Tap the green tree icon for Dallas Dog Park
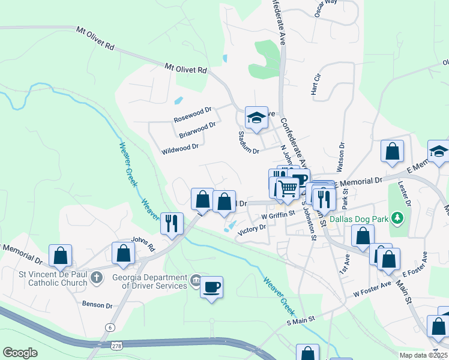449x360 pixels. point(396,216)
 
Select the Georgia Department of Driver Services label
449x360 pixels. point(149,281)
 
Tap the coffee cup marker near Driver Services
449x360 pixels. point(211,287)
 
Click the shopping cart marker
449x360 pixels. point(288,188)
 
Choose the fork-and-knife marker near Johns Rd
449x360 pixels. point(172,223)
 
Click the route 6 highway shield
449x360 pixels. point(110,327)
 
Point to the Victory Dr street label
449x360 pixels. point(252,229)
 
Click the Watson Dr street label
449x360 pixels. point(342,154)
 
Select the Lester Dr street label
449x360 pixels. point(407,196)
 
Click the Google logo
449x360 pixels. point(20,353)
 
